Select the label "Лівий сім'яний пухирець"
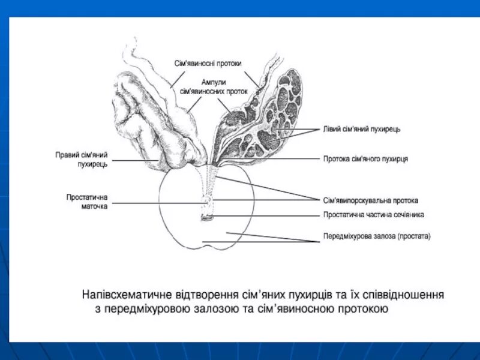[358, 130]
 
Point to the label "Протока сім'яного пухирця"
[365, 159]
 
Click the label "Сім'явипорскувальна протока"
[370, 200]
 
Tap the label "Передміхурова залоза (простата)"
[377, 236]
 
